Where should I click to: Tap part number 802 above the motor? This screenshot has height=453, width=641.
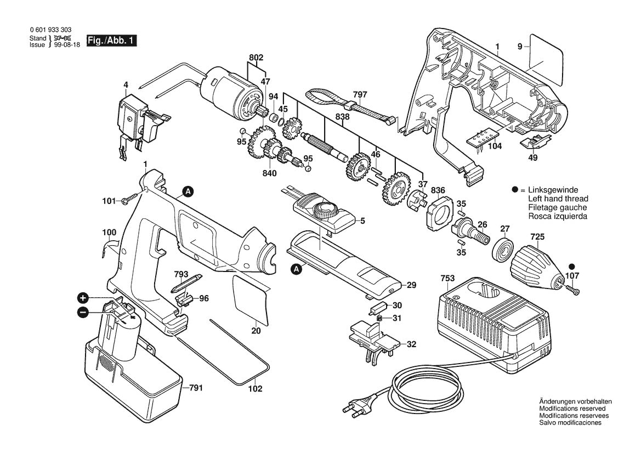point(256,58)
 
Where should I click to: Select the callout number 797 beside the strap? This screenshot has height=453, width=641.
point(360,95)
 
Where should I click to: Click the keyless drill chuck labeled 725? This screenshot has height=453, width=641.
point(534,269)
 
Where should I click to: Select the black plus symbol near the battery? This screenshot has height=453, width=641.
point(83,298)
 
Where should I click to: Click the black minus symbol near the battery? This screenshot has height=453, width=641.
point(83,312)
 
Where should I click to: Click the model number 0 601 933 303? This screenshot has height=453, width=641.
point(50,30)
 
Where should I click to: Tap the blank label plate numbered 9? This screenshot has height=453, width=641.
point(546,58)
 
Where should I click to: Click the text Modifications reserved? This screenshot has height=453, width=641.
point(572,409)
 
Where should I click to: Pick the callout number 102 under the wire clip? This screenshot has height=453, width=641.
point(256,389)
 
